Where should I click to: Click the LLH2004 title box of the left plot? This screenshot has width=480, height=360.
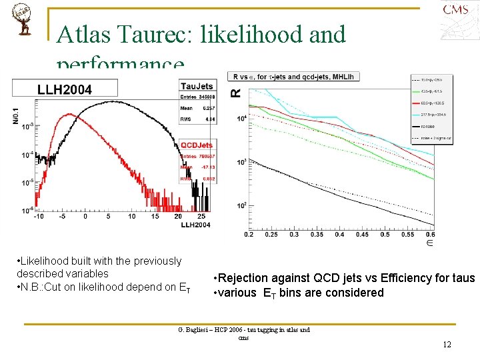(x=65, y=89)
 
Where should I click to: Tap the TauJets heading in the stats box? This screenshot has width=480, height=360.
(x=196, y=86)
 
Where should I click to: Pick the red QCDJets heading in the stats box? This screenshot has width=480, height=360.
(x=197, y=145)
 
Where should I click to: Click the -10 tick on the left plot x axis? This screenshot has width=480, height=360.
(x=39, y=216)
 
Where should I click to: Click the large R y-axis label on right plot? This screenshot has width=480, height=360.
(x=235, y=93)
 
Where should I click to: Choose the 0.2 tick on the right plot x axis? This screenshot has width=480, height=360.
(x=249, y=234)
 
